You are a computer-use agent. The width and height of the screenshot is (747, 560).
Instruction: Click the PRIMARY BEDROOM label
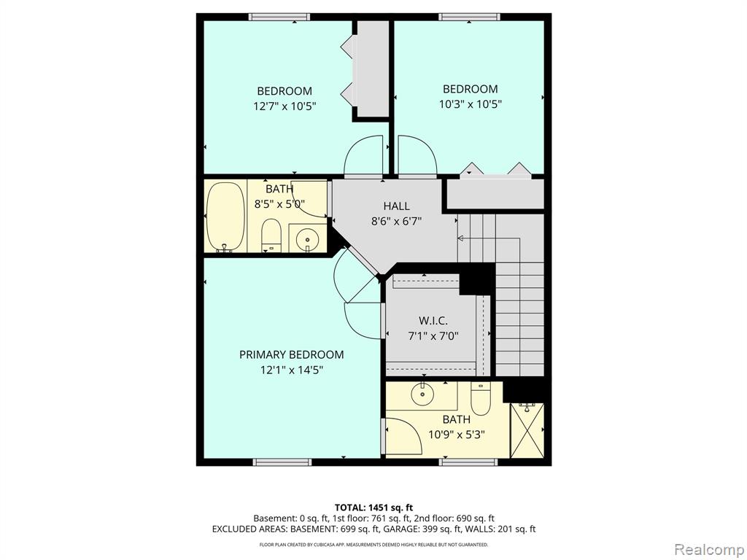(292, 355)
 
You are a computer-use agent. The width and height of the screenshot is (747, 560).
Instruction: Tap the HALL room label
(396, 206)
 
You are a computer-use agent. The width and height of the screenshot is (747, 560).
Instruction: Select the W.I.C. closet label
(433, 321)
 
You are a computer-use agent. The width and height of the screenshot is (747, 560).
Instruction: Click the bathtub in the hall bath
(226, 217)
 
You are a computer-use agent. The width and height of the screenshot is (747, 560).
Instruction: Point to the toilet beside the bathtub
(271, 236)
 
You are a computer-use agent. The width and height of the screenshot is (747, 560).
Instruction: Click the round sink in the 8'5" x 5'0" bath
(307, 238)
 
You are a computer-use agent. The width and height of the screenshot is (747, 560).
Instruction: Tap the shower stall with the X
(527, 430)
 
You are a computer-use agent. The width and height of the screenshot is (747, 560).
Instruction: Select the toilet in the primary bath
(480, 398)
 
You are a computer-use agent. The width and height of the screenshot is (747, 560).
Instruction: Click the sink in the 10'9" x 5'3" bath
(422, 394)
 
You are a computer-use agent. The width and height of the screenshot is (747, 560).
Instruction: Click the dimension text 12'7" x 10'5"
(285, 106)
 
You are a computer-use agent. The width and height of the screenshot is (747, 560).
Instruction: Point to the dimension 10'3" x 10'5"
(471, 104)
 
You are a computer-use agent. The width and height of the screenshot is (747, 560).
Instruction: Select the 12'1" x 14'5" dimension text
(292, 370)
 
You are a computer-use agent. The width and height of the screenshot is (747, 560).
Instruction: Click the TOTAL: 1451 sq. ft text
(373, 507)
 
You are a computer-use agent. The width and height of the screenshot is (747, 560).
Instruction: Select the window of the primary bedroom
(282, 462)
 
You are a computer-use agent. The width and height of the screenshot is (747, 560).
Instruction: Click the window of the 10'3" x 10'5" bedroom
(469, 17)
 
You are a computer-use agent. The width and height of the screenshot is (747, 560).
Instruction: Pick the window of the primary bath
(468, 462)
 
